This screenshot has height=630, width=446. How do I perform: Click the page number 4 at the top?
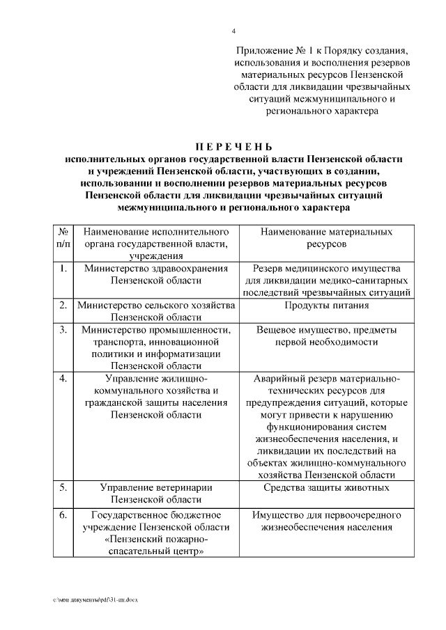[x=233, y=31]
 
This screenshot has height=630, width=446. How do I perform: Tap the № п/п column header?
[x=63, y=237]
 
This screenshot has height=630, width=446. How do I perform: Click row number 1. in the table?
[x=63, y=268]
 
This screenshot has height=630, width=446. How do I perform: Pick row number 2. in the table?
[x=63, y=305]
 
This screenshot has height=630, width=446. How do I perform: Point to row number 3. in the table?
[x=63, y=329]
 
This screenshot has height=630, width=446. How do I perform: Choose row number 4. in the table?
[x=63, y=378]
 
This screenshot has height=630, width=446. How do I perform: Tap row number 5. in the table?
[x=63, y=487]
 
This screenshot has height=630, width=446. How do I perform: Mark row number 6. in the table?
[x=63, y=515]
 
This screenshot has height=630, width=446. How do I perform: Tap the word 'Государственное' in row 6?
[x=126, y=515]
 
